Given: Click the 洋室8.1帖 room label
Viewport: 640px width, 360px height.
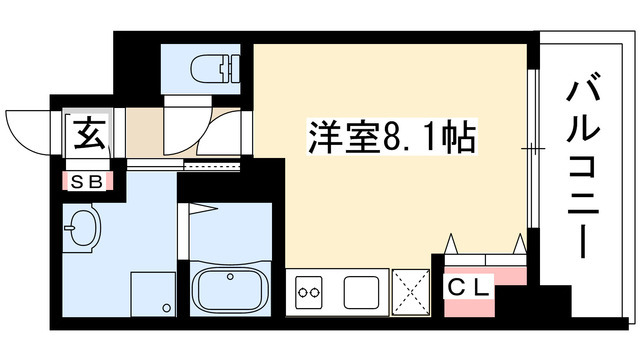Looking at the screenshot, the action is [389, 138].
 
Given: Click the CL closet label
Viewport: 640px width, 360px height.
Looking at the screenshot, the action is [469, 288].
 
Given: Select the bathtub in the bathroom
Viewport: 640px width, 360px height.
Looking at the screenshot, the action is [232, 289].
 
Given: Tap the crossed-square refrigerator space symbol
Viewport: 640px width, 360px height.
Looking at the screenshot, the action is [411, 291].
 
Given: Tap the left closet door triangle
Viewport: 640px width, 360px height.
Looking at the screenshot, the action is [451, 243].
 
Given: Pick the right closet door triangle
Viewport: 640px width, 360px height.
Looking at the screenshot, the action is [519, 243].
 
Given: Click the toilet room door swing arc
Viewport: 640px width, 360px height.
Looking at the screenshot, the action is [225, 130].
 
